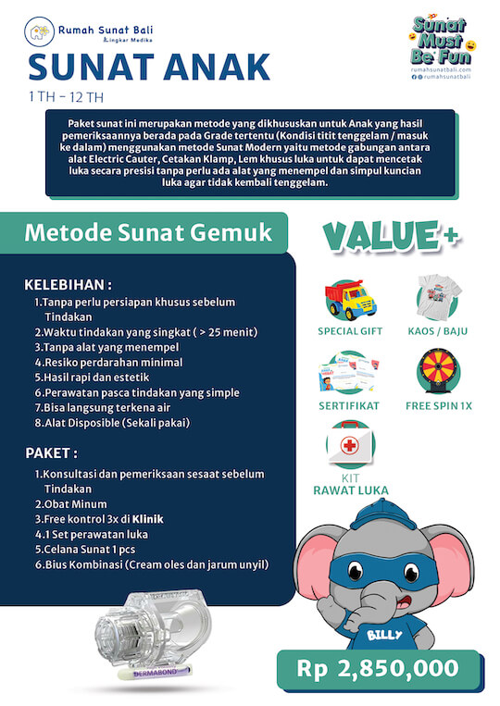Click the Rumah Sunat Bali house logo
39,34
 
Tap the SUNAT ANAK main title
149,67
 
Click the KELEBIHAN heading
69,283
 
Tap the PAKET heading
51,453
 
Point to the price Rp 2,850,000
378,668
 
